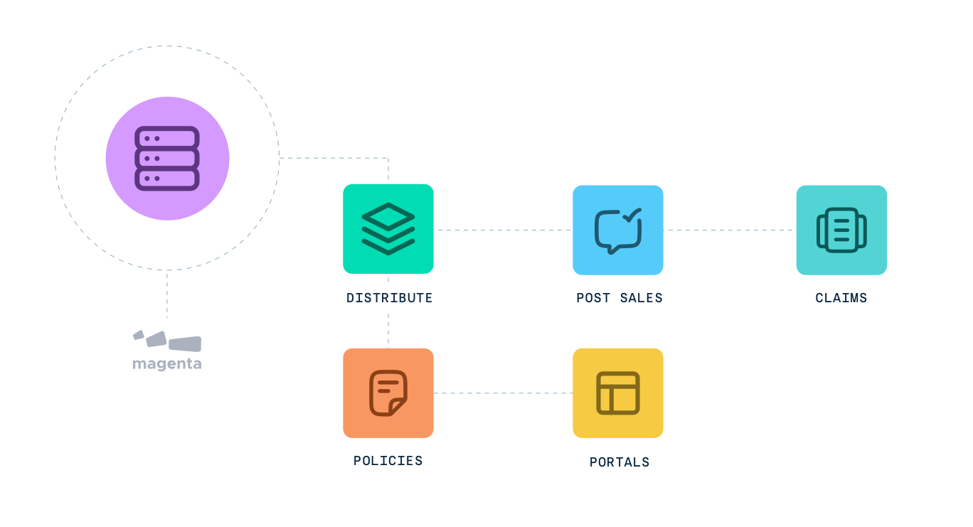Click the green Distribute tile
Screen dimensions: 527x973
pyautogui.click(x=388, y=228)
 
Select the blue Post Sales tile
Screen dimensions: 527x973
pyautogui.click(x=617, y=230)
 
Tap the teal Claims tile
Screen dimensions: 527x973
pyautogui.click(x=841, y=230)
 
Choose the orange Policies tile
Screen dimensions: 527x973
pyautogui.click(x=388, y=393)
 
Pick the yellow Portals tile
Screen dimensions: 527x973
pyautogui.click(x=617, y=393)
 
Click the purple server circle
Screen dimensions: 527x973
pyautogui.click(x=167, y=158)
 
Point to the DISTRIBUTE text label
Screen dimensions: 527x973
pyautogui.click(x=389, y=298)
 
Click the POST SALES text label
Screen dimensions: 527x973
pyautogui.click(x=619, y=298)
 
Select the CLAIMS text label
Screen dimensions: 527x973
pyautogui.click(x=841, y=298)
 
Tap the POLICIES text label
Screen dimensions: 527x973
pyautogui.click(x=388, y=461)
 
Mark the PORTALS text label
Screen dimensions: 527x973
pyautogui.click(x=619, y=462)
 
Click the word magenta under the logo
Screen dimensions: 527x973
pyautogui.click(x=166, y=364)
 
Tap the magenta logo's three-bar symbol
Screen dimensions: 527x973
pyautogui.click(x=167, y=341)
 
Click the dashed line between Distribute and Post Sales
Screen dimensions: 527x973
pyautogui.click(x=503, y=230)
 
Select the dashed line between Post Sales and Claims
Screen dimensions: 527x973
pyautogui.click(x=729, y=230)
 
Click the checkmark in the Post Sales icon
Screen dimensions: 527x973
pyautogui.click(x=632, y=213)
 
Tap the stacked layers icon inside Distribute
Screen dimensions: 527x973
pyautogui.click(x=388, y=228)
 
